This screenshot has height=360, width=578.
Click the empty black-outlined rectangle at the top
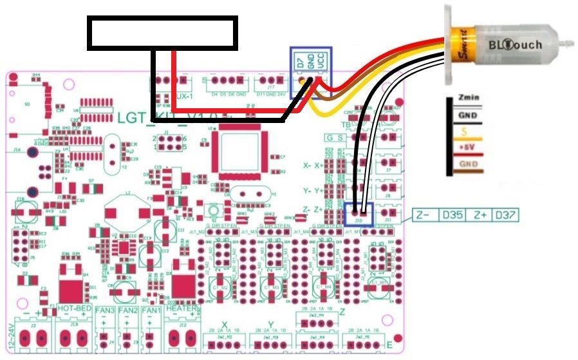point(162,33)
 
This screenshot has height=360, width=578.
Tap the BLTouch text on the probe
point(515,45)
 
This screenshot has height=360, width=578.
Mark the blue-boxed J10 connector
point(359,213)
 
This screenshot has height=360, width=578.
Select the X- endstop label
point(307,165)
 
